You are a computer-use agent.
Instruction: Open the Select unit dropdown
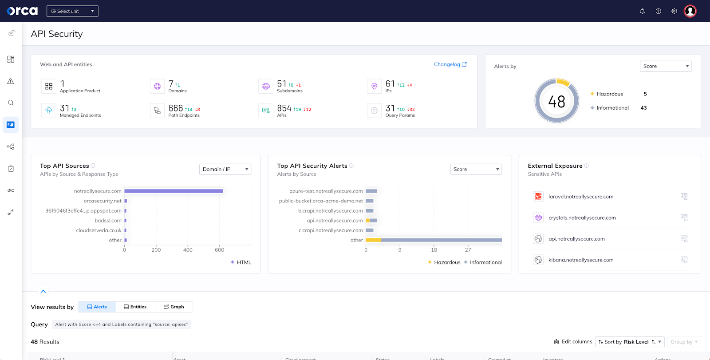point(72,11)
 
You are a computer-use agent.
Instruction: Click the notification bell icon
point(642,11)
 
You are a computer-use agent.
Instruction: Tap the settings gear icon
point(674,11)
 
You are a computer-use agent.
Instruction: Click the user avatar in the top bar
point(690,11)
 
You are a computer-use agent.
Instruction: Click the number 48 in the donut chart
point(556,102)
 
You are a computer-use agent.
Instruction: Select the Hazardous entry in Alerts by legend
point(609,94)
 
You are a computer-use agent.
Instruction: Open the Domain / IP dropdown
point(225,169)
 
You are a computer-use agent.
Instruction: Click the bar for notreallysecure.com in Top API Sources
point(174,191)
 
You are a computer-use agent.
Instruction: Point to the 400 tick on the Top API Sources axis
point(188,250)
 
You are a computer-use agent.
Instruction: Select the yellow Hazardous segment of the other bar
point(373,240)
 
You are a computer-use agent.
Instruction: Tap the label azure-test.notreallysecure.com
point(326,191)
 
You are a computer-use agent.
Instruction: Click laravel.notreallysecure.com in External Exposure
point(580,197)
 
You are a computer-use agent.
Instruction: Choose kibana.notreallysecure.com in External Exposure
point(580,260)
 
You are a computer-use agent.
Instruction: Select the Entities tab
point(135,307)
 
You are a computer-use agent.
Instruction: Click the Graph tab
point(174,307)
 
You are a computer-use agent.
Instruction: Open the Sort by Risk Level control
point(629,342)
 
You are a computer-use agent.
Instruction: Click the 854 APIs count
point(284,108)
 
